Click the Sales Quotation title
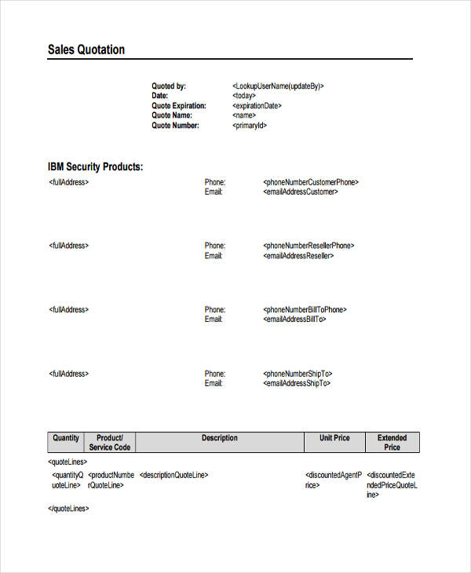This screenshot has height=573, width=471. coord(86,50)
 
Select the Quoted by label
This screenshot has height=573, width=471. coord(169,86)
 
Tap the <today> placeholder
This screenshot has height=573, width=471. coord(248,96)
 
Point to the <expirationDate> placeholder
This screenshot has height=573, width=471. coord(257,106)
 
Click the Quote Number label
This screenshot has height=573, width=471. coord(175,126)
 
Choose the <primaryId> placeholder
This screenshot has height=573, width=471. coord(250,126)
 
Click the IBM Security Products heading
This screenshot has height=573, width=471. coord(95,167)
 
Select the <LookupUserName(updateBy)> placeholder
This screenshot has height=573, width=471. coord(278,86)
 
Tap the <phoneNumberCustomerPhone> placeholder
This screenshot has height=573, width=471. coord(311,182)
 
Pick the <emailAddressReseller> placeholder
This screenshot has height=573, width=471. coord(298,256)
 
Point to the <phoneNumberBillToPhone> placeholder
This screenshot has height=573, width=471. coord(305,310)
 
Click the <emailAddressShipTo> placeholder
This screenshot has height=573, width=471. coord(297,384)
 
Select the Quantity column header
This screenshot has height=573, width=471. coord(65,438)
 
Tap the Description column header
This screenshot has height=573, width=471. coord(219,438)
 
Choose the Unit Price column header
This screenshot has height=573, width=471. coord(334,438)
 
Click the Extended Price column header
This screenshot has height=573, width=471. coord(392,443)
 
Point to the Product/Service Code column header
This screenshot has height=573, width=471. coord(110,443)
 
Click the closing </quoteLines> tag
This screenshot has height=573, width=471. coord(69,509)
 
